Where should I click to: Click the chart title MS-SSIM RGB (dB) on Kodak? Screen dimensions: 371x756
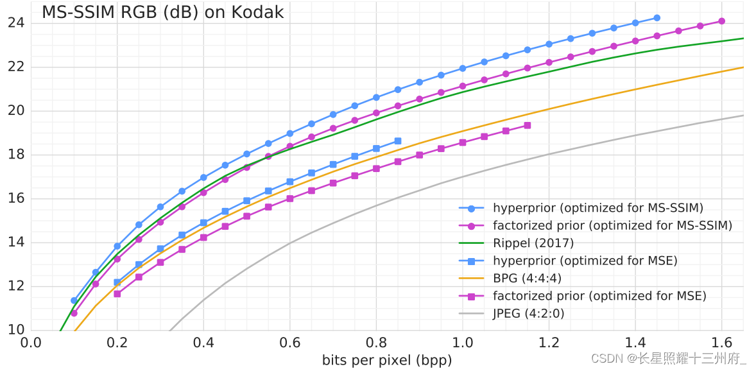tap(162, 13)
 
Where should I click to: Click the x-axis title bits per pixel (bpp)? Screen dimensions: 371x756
tap(386, 361)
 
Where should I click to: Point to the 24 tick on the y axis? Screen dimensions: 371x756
tap(16, 23)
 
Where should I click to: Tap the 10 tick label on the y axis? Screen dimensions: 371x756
tap(16, 331)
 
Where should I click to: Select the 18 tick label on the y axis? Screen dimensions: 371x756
tap(16, 155)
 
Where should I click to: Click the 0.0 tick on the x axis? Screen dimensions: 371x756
tap(31, 342)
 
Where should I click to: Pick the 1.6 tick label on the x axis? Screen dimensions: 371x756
tap(722, 342)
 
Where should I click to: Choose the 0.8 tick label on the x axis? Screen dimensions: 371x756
tap(376, 342)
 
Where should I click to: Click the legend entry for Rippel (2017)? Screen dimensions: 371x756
tap(533, 243)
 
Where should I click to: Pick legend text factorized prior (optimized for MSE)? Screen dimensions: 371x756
tap(599, 296)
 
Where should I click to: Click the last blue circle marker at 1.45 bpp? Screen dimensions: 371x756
tap(657, 18)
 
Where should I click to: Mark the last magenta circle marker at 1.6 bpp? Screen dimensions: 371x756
tap(721, 21)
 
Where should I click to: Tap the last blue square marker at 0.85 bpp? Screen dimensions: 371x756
tap(398, 141)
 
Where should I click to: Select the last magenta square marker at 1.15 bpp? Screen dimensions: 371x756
tap(528, 126)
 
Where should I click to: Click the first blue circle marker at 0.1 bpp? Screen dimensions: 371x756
tap(74, 300)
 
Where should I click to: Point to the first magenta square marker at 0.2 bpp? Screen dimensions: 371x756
tap(117, 294)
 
